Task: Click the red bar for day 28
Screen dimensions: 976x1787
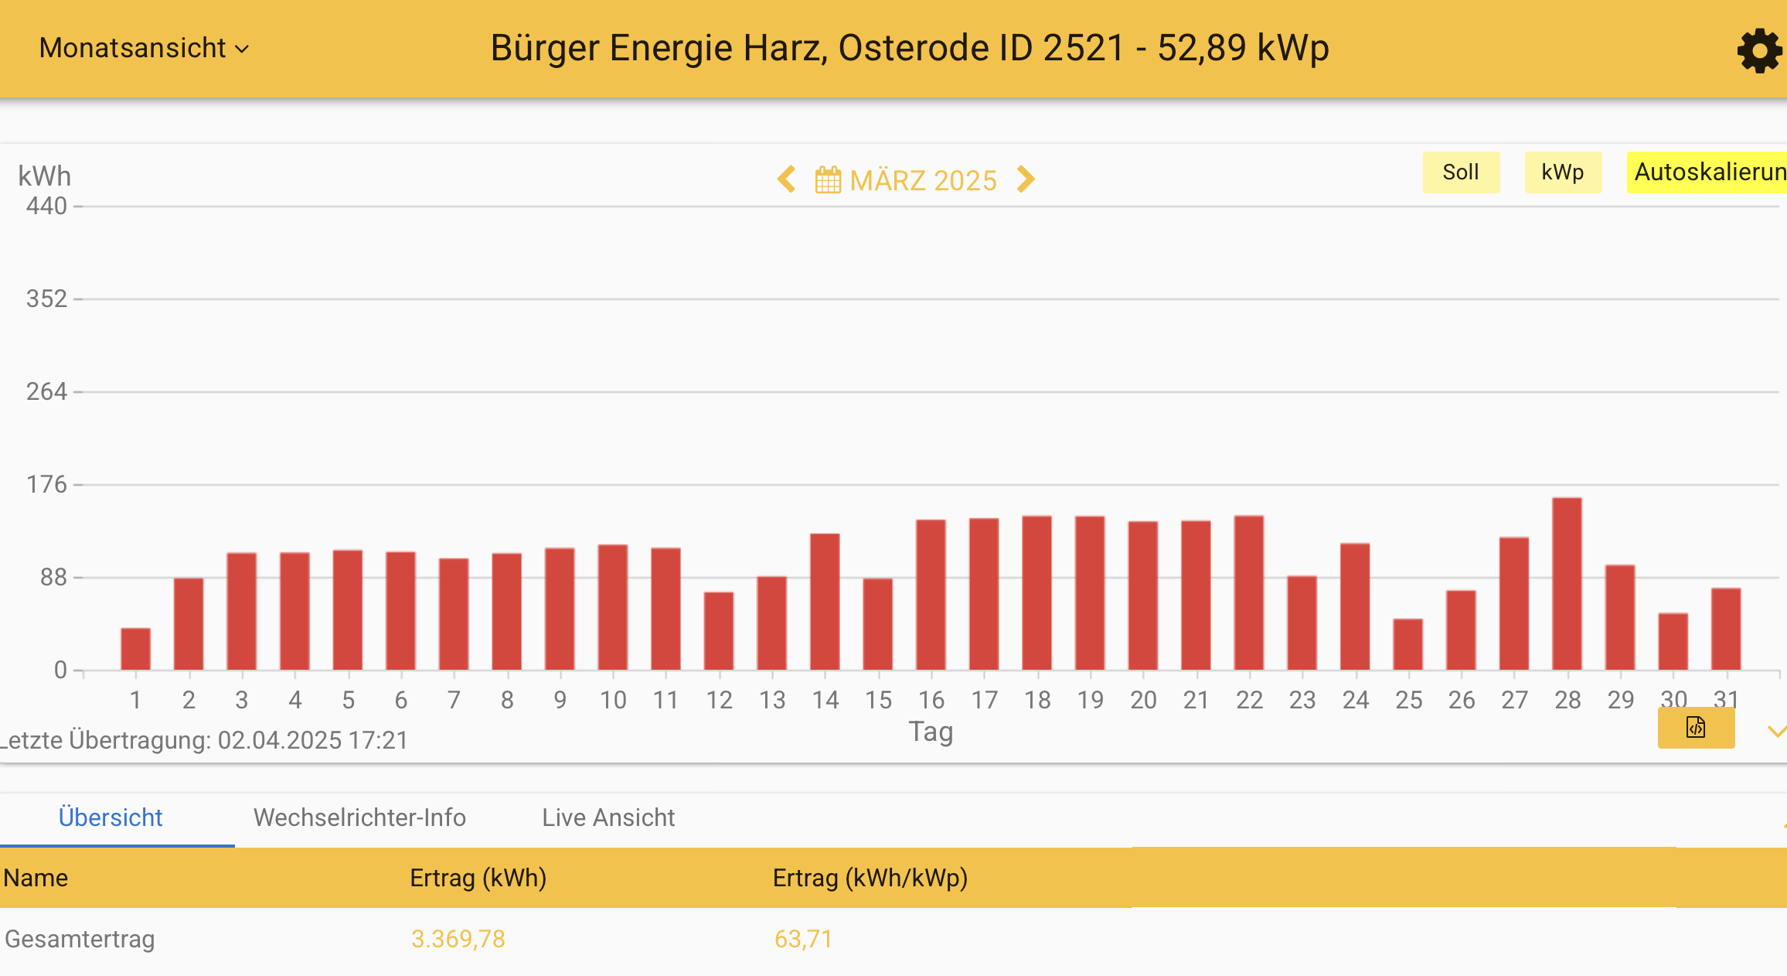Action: (x=1567, y=584)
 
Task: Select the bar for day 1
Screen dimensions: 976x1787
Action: (x=135, y=649)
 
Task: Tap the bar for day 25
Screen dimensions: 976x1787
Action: (x=1407, y=644)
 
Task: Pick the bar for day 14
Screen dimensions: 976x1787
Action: (x=825, y=602)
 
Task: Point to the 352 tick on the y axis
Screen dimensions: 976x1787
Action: (x=47, y=299)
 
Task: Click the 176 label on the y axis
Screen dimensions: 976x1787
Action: (x=47, y=484)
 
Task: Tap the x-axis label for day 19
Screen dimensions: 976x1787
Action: (x=1090, y=700)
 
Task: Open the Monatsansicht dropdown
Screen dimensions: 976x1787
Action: (x=144, y=48)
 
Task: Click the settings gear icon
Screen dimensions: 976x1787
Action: (x=1758, y=51)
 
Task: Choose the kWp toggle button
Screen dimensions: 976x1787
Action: (x=1562, y=172)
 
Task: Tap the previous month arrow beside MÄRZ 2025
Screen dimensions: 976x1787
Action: (x=787, y=179)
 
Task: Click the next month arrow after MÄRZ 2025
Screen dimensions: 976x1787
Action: (x=1026, y=179)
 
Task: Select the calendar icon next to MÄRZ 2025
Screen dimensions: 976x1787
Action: (x=828, y=180)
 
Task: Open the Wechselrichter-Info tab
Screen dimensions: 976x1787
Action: (x=359, y=817)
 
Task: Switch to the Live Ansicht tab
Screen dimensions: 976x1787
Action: (x=608, y=817)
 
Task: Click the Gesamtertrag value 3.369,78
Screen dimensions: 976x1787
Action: (x=458, y=939)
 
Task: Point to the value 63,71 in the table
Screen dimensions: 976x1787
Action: (x=803, y=939)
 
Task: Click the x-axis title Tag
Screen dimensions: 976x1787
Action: (x=931, y=731)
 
